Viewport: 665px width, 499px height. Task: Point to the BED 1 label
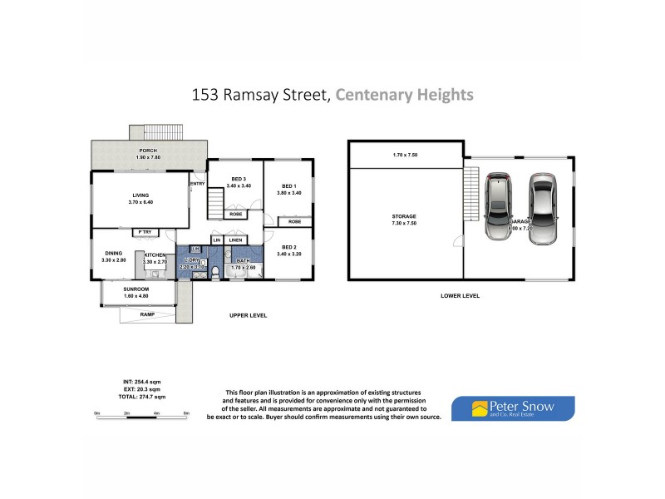(x=289, y=185)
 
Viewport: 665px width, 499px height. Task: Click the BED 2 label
(x=289, y=247)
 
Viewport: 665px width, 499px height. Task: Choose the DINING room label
(x=115, y=254)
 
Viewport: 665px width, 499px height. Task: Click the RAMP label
(x=148, y=315)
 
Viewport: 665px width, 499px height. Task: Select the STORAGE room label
(x=404, y=216)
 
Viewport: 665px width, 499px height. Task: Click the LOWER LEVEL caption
(x=461, y=296)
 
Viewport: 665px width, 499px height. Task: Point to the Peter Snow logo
(x=512, y=408)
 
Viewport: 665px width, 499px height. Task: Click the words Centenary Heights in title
(x=405, y=95)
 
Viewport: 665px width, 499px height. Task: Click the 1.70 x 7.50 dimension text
(x=404, y=155)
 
